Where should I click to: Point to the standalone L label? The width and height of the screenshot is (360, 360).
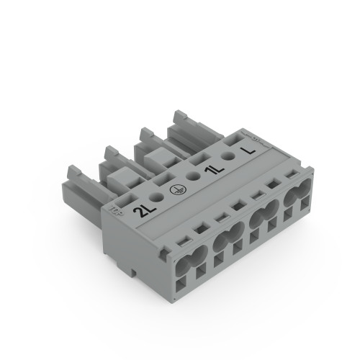pyautogui.click(x=250, y=150)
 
